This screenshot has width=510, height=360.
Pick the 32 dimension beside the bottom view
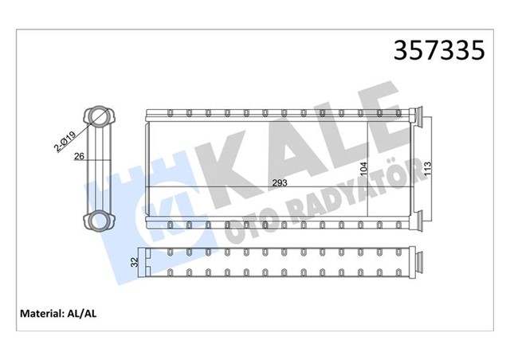pyautogui.click(x=135, y=260)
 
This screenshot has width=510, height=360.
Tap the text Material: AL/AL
pyautogui.click(x=59, y=312)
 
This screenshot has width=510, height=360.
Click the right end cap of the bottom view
pyautogui.click(x=417, y=261)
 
